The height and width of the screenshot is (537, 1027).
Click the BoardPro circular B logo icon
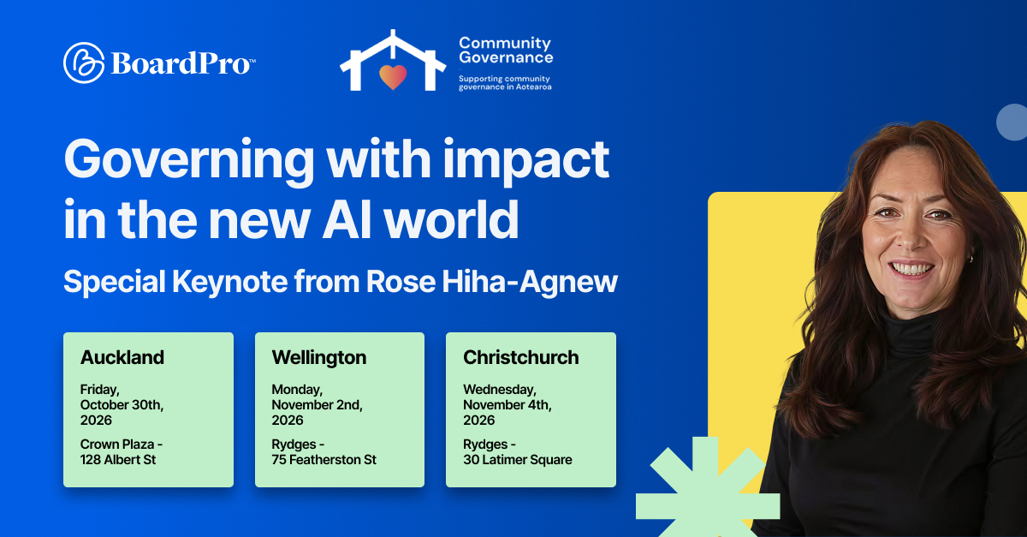point(84,63)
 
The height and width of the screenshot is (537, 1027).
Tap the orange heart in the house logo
point(393,76)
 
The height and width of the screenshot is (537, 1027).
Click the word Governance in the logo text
point(506,58)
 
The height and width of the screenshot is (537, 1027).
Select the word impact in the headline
point(525,161)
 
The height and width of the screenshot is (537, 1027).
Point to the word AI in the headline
point(346,220)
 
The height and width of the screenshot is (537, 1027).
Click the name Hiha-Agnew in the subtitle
point(530,282)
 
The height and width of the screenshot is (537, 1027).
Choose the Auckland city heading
point(122,357)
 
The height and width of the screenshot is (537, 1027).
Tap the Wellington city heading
point(319,358)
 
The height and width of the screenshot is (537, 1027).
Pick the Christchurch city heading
point(521,357)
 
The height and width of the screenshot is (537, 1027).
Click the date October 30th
point(122,405)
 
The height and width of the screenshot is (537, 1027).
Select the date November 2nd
point(317,405)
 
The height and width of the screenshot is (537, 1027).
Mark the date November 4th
point(507,405)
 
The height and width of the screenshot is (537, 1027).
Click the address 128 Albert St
point(118,459)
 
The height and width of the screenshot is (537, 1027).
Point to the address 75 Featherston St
point(324,459)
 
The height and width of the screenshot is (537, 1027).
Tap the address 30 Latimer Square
point(518,460)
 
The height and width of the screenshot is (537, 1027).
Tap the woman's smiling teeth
point(911,268)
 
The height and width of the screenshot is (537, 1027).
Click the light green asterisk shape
point(708,488)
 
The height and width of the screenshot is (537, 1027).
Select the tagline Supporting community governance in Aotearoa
point(505,83)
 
